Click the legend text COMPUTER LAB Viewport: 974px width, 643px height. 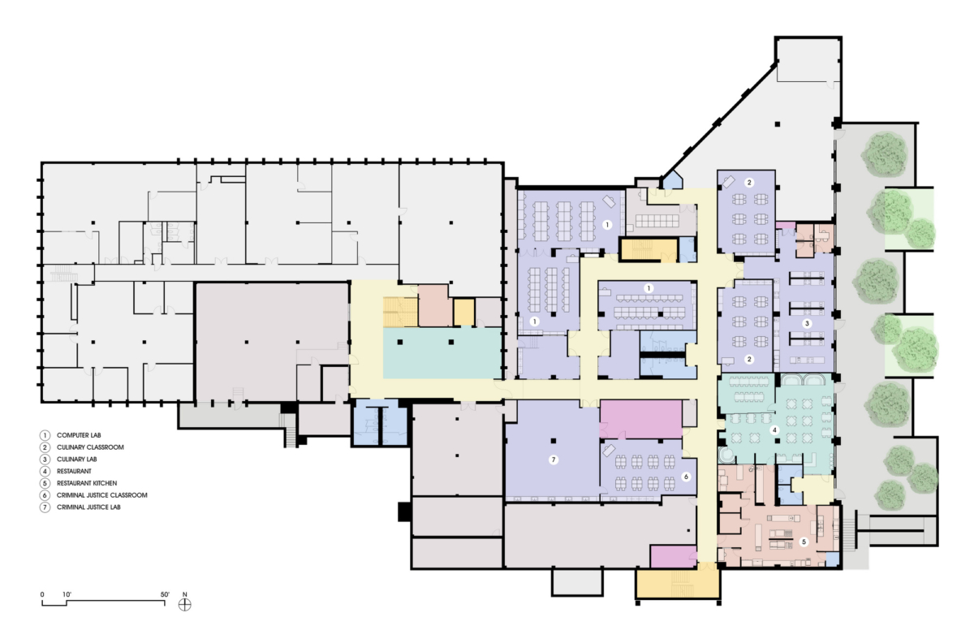click(80, 435)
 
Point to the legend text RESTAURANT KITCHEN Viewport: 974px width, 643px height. click(87, 483)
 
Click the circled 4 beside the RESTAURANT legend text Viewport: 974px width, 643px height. click(47, 471)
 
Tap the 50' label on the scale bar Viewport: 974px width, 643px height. click(165, 594)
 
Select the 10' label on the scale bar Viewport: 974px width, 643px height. click(67, 594)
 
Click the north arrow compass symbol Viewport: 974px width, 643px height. click(186, 604)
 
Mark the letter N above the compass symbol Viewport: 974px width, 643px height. click(186, 593)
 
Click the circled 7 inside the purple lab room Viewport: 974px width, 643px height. click(554, 460)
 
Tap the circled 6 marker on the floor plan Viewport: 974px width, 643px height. click(686, 477)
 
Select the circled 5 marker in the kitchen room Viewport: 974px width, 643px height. click(804, 542)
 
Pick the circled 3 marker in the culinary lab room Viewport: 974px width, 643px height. click(807, 323)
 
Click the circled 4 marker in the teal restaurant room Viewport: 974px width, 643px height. click(775, 429)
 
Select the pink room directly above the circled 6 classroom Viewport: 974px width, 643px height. click(640, 419)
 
